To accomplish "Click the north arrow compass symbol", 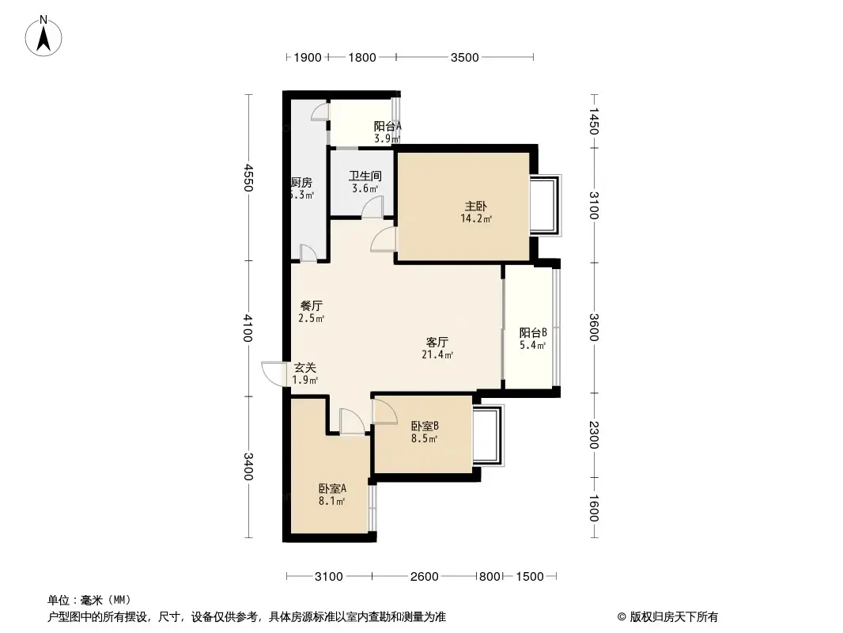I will click(45, 36).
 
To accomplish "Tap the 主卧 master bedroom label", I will click(475, 207).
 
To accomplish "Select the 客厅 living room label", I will click(437, 343).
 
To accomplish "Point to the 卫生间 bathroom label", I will click(365, 176).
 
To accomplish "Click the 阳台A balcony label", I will click(387, 126).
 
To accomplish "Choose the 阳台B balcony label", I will click(533, 333).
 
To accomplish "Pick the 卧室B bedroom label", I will click(424, 426).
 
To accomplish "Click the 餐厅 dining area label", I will click(311, 305).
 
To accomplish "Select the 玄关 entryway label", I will click(305, 368).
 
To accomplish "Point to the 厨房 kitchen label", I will click(301, 182).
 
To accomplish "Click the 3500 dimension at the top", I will click(464, 57).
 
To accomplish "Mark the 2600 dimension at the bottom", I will click(424, 576).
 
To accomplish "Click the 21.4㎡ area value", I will click(437, 355).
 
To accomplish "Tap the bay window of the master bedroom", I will click(546, 205).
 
